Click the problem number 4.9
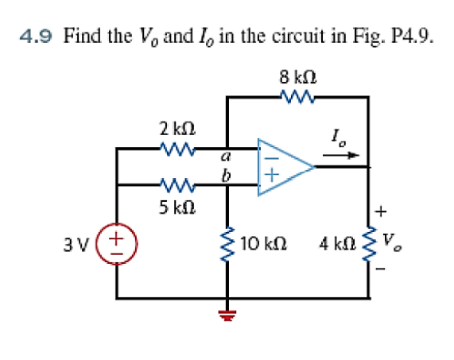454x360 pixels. (x=36, y=37)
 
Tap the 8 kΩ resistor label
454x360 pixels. (x=298, y=77)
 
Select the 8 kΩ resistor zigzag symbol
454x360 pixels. (x=297, y=97)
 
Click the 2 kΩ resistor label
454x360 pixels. (x=177, y=129)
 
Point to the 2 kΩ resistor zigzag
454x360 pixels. (x=177, y=148)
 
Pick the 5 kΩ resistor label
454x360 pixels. (x=177, y=207)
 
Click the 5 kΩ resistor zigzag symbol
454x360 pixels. (x=177, y=184)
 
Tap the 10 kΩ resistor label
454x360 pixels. (x=263, y=243)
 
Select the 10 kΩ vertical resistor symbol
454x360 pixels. (x=228, y=244)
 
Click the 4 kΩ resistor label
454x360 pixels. (x=337, y=243)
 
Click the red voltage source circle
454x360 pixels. (x=117, y=244)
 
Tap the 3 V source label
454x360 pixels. (x=76, y=245)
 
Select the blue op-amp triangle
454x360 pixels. (x=285, y=167)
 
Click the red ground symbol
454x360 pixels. (x=227, y=315)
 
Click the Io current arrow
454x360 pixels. (x=341, y=156)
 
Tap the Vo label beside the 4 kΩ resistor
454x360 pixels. (x=392, y=242)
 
